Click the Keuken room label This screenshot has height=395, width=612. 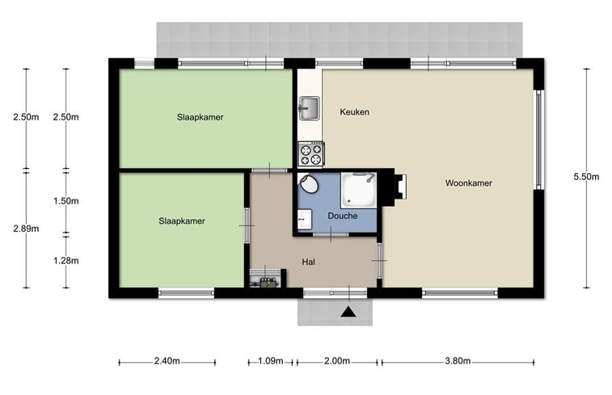tap(354, 112)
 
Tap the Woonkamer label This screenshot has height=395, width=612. tap(468, 183)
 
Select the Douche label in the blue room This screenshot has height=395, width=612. tap(342, 216)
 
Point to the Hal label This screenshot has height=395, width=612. tap(308, 262)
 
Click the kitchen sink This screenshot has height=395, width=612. tap(309, 108)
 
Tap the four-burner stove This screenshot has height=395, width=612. tap(310, 154)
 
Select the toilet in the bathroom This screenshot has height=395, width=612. tap(309, 183)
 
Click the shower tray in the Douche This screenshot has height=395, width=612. tap(359, 191)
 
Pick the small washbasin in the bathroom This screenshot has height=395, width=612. tap(305, 220)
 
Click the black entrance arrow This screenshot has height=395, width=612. tap(348, 312)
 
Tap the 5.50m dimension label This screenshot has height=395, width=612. tap(586, 177)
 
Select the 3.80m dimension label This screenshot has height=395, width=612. tap(458, 361)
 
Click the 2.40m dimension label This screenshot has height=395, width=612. tap(167, 361)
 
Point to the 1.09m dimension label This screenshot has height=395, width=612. tap(271, 361)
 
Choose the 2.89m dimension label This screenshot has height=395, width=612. tap(26, 229)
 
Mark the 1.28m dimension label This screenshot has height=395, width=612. tap(66, 260)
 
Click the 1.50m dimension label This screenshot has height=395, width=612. tap(66, 201)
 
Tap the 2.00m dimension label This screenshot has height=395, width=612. tap(337, 361)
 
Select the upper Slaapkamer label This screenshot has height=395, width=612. tap(200, 117)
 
